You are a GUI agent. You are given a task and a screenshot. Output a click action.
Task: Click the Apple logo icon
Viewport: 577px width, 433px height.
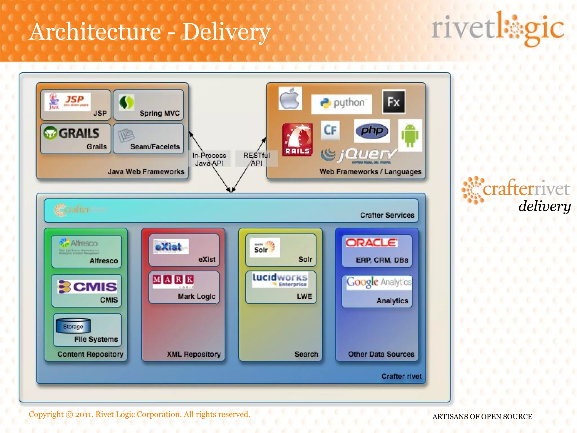click(x=290, y=98)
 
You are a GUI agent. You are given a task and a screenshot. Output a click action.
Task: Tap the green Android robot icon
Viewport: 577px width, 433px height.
click(x=410, y=136)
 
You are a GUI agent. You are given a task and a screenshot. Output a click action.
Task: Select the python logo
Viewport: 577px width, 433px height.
click(x=342, y=103)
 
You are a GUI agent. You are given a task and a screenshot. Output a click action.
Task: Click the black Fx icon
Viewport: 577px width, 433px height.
click(x=394, y=102)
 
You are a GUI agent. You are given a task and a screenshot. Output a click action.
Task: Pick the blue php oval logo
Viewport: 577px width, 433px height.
click(x=372, y=131)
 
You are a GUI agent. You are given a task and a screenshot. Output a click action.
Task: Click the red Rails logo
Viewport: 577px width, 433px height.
click(x=298, y=139)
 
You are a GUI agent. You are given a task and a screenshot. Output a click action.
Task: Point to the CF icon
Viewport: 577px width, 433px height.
click(x=330, y=130)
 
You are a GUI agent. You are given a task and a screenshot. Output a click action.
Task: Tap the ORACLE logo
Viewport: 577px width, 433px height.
click(x=372, y=243)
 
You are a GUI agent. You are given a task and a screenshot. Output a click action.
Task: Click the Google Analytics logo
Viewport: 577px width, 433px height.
click(x=379, y=282)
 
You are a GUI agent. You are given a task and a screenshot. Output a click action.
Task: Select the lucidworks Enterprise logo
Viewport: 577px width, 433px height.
click(x=280, y=280)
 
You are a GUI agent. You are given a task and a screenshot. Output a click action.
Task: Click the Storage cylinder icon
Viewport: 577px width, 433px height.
click(x=73, y=326)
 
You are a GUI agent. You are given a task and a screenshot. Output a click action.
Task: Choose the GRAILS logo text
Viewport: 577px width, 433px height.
click(x=79, y=133)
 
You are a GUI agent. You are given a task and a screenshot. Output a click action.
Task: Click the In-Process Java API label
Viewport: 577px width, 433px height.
click(x=209, y=159)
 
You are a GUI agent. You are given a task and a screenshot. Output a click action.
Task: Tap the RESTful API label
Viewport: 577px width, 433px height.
click(x=256, y=159)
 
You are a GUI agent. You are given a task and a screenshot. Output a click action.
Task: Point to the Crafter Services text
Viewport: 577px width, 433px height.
click(x=387, y=215)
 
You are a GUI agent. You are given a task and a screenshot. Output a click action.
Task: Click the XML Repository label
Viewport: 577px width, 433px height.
click(x=194, y=354)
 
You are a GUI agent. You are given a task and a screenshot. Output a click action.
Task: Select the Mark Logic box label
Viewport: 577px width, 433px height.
click(x=197, y=297)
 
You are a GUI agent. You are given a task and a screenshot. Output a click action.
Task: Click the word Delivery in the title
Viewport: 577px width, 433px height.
click(x=226, y=32)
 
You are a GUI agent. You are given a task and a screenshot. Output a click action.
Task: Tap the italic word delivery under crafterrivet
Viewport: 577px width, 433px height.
click(x=544, y=206)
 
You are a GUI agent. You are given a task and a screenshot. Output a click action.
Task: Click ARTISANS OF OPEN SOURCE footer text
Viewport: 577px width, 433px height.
click(x=482, y=417)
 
